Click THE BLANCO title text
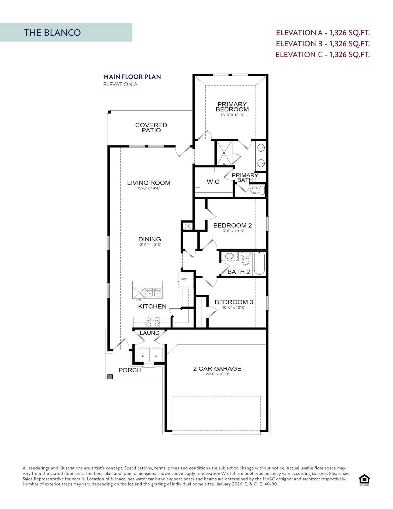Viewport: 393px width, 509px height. [x=52, y=33]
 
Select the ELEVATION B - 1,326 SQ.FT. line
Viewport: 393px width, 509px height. [x=323, y=44]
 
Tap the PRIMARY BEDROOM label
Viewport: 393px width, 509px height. [x=232, y=107]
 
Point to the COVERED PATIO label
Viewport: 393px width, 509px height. [x=151, y=128]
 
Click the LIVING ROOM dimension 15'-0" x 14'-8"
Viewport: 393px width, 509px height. [x=149, y=188]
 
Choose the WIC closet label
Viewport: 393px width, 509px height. [x=213, y=182]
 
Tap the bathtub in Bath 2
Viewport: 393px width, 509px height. [x=259, y=263]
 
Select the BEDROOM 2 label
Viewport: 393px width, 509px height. [x=232, y=225]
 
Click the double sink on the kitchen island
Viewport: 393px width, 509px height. [x=154, y=293]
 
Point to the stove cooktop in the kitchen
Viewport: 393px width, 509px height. [x=153, y=320]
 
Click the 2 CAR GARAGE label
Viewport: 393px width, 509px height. [x=217, y=368]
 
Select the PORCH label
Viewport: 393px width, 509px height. [x=130, y=370]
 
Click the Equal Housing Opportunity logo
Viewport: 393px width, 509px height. [x=364, y=480]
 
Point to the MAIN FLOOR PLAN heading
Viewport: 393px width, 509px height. [x=132, y=77]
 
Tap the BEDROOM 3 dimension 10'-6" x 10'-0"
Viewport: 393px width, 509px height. [x=234, y=308]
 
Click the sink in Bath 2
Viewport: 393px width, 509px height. [x=229, y=256]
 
